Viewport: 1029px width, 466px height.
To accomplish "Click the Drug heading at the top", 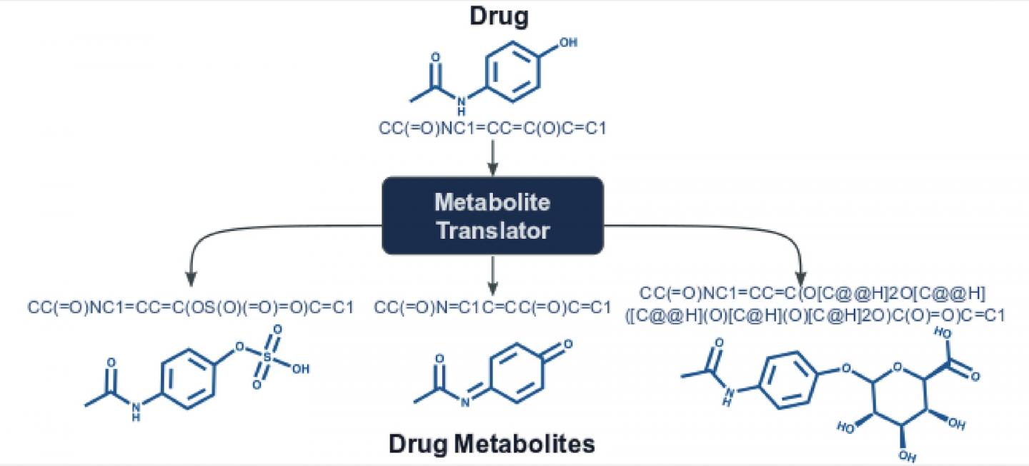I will tap(499, 17).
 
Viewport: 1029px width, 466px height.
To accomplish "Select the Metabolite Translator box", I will tap(493, 216).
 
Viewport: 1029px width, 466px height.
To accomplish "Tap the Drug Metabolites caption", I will tap(492, 444).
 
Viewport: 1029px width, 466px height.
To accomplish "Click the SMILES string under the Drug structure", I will tap(492, 130).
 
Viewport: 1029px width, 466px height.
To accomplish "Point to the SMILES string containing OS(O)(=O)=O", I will tap(191, 308).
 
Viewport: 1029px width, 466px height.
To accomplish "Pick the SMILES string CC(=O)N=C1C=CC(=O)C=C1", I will tap(493, 308).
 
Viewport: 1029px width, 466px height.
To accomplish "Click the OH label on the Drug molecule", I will tap(567, 43).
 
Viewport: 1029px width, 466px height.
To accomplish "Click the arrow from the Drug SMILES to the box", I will tap(492, 157).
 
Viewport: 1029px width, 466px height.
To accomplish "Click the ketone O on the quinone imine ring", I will tap(567, 345).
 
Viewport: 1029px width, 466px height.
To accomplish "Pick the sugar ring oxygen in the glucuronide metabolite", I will tap(900, 369).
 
